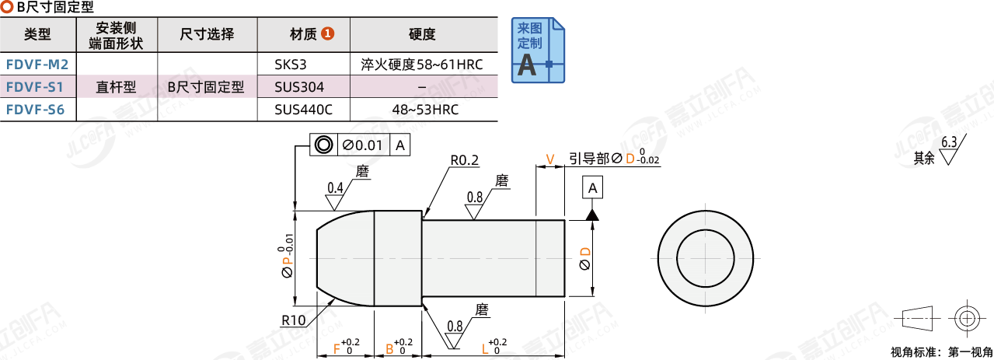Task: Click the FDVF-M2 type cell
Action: [x=37, y=65]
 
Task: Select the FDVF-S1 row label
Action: [x=35, y=87]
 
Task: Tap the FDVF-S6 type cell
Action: [x=36, y=110]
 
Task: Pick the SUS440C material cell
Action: [x=303, y=110]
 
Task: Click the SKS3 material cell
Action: [x=290, y=65]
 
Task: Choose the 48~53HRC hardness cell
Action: [x=424, y=110]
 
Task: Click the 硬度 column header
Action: [x=422, y=34]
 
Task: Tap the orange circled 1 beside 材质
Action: [x=327, y=33]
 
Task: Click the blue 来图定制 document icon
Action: [x=538, y=51]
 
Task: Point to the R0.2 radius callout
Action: [x=464, y=160]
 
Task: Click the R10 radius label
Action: [x=293, y=320]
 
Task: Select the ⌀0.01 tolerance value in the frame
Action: [x=362, y=145]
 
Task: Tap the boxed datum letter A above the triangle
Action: [x=592, y=187]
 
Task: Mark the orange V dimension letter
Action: [x=549, y=159]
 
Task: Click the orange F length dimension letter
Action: [x=337, y=349]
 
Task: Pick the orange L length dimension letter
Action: [x=485, y=349]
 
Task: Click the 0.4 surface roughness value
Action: [x=335, y=187]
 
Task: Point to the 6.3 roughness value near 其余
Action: [x=949, y=142]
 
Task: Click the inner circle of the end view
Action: [x=677, y=258]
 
